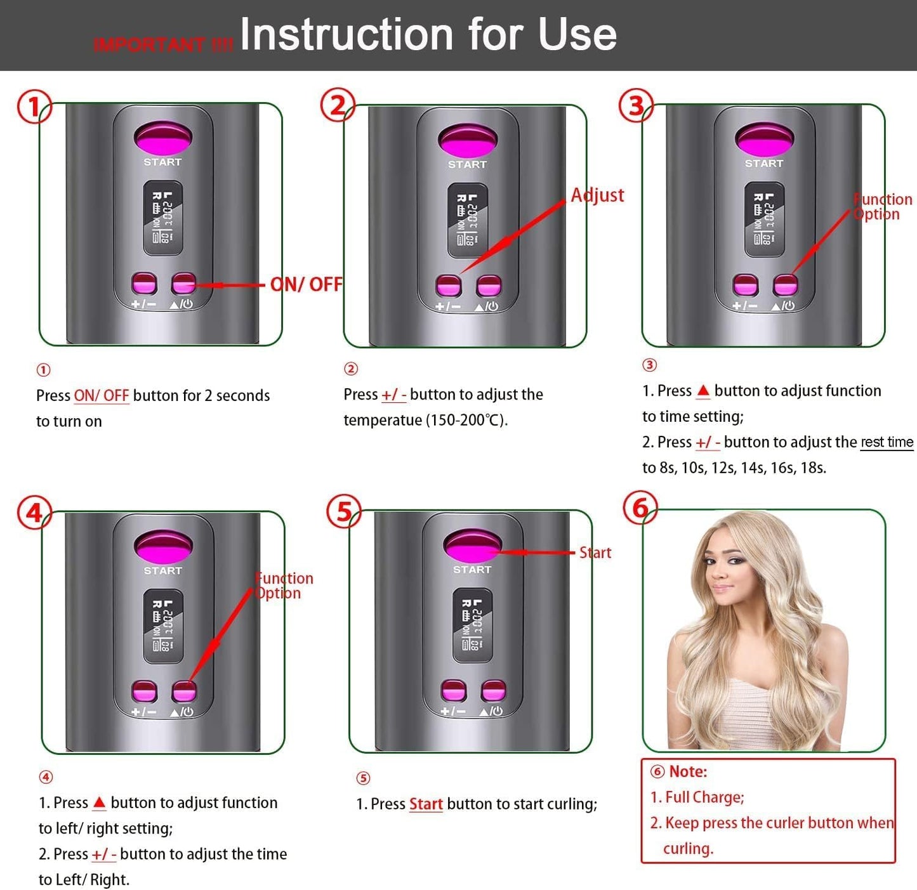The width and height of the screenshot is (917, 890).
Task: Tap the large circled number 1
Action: point(34,107)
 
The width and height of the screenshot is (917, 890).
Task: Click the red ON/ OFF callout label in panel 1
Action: point(306,284)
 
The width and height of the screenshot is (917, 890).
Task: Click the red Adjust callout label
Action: point(597,195)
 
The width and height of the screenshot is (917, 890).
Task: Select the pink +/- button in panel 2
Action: point(449,286)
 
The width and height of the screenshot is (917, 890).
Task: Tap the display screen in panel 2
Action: point(468,220)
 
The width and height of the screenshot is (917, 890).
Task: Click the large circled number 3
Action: point(636,106)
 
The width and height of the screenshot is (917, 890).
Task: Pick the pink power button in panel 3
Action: point(785,285)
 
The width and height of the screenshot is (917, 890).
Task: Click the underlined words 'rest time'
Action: point(887,442)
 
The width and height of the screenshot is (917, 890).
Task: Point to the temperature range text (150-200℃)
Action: point(466,421)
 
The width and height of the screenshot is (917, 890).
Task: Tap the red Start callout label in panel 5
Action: point(595,553)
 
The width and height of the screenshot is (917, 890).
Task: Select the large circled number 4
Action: point(34,513)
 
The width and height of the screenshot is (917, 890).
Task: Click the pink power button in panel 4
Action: point(184,691)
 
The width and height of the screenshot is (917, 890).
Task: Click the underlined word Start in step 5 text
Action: point(426,804)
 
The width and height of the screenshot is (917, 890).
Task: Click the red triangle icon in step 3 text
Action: point(703,391)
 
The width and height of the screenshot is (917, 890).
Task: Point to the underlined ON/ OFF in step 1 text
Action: point(102,396)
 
